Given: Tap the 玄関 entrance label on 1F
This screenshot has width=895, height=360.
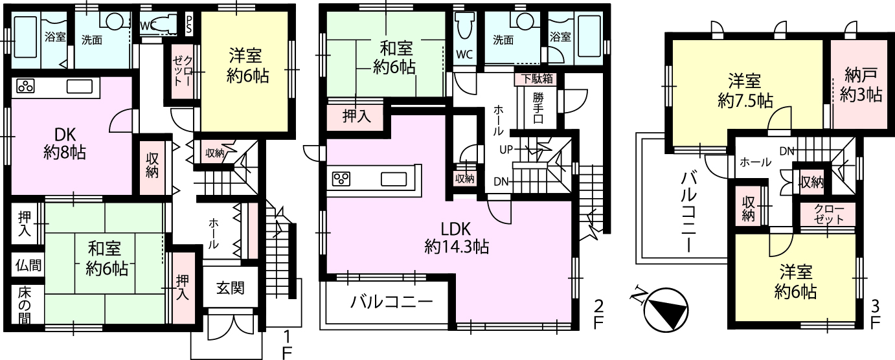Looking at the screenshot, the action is click(231, 287).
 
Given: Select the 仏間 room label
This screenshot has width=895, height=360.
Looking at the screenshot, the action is click(28, 265).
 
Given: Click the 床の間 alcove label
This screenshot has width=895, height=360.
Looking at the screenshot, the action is click(25, 305).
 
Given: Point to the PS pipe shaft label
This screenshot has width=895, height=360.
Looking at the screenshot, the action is click(188, 25).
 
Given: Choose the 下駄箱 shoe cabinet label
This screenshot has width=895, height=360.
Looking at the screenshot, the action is click(537, 78).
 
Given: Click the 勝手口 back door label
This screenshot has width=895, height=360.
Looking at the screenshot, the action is click(538, 108).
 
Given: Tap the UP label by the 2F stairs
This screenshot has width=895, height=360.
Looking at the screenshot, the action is click(506, 150).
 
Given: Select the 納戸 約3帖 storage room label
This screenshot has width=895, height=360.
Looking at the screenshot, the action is click(861, 85).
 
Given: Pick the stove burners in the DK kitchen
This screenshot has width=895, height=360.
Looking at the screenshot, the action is click(25, 86).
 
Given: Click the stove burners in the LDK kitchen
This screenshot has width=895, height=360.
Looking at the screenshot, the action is click(341, 179).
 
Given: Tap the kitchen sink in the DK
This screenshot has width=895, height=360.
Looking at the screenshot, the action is click(80, 86).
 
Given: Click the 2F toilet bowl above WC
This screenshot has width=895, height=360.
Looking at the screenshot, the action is click(465, 25).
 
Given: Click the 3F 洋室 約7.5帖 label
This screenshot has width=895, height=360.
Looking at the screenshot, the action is click(745, 91).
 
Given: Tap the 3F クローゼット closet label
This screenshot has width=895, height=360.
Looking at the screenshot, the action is click(829, 214).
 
